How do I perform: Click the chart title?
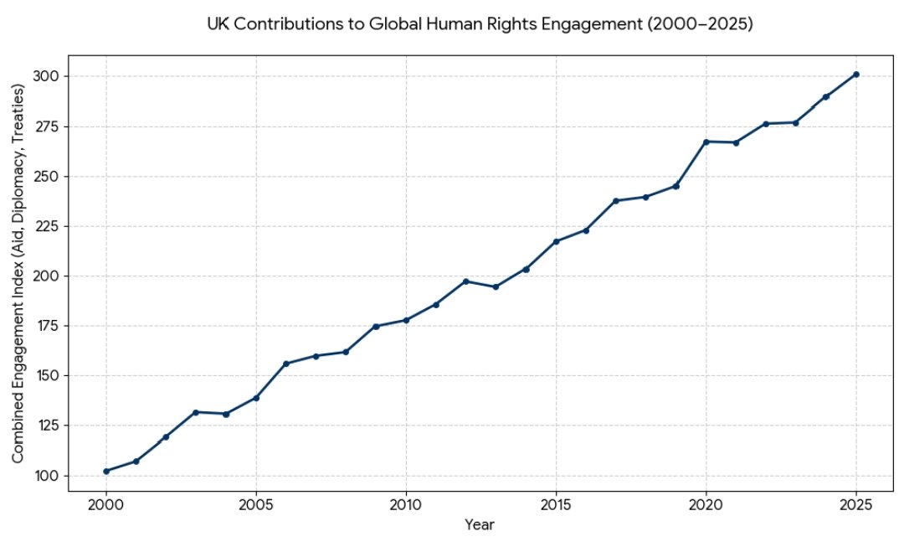[480, 24]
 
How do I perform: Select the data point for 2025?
[855, 75]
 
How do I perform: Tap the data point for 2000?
[106, 471]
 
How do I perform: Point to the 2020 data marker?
[706, 142]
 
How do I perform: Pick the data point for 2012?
[466, 281]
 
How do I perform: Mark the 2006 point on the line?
[286, 364]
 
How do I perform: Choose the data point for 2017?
[616, 201]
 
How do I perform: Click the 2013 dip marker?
[496, 286]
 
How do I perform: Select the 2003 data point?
[196, 412]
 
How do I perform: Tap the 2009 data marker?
[376, 326]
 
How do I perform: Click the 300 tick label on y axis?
[47, 76]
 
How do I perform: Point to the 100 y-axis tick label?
[47, 475]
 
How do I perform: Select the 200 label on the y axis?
[47, 276]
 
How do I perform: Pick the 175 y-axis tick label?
[47, 325]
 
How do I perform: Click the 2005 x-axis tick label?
[256, 507]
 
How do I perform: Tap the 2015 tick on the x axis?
[556, 507]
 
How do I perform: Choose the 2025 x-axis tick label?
[855, 507]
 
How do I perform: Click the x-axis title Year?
[480, 526]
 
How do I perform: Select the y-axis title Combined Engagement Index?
[18, 274]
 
